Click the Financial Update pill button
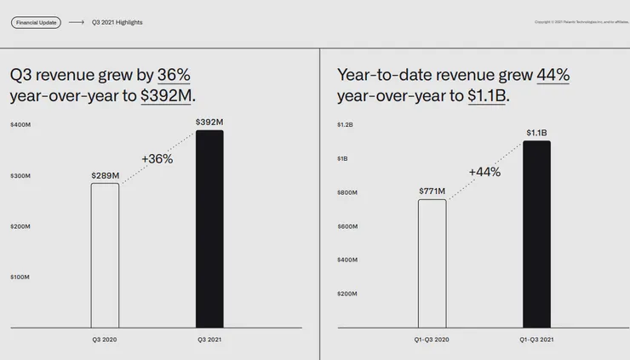(x=36, y=22)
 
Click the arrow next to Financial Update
(x=77, y=22)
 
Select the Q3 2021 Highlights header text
(x=117, y=22)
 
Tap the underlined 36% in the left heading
(x=174, y=75)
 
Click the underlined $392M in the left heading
(x=166, y=95)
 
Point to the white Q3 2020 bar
(x=106, y=255)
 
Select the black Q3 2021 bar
(x=209, y=230)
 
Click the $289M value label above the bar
(x=106, y=175)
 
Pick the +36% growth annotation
(x=157, y=158)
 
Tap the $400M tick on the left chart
(x=20, y=125)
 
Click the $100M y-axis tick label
(x=20, y=277)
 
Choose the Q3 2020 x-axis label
(x=106, y=340)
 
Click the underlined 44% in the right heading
(x=553, y=75)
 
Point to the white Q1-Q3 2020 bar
(x=432, y=264)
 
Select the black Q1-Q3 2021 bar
(x=536, y=234)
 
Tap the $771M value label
(x=432, y=191)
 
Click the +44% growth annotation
(x=484, y=172)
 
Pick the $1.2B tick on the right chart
(x=345, y=125)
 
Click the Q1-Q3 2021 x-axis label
(x=536, y=340)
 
